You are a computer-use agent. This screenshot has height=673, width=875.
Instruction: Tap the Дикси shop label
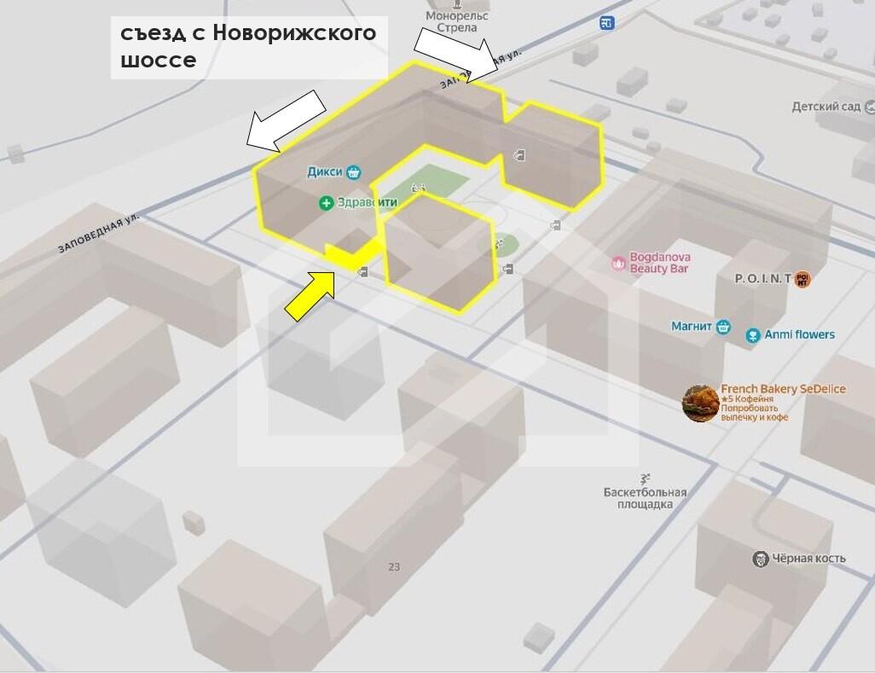pos(324,172)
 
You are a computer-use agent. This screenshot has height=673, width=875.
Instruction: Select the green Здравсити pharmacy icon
pos(326,203)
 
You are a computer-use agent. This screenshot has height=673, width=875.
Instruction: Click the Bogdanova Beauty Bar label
pos(659,263)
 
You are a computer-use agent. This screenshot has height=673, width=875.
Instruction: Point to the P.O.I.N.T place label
pos(763,279)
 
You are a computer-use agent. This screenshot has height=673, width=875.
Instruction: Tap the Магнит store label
pos(692,327)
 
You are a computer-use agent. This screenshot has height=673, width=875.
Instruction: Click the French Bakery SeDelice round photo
pos(700,403)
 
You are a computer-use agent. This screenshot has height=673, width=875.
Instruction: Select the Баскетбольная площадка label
pos(645,498)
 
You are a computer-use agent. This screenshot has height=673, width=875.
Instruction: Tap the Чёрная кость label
pos(808,559)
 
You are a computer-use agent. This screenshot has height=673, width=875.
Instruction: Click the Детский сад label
pos(826,107)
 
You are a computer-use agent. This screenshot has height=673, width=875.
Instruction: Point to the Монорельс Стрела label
pos(456,21)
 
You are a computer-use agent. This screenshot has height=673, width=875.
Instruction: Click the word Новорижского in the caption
pos(294,32)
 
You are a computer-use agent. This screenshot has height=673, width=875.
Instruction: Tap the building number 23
pos(393,566)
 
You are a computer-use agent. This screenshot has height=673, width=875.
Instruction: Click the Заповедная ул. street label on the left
pos(98,234)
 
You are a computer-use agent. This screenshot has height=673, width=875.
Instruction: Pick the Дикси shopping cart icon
pos(353,172)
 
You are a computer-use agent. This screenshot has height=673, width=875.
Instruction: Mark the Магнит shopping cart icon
pos(723,327)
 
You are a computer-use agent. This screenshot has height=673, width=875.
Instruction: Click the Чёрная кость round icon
pos(760,559)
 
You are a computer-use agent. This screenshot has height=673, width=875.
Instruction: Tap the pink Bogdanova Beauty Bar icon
pos(618,264)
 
